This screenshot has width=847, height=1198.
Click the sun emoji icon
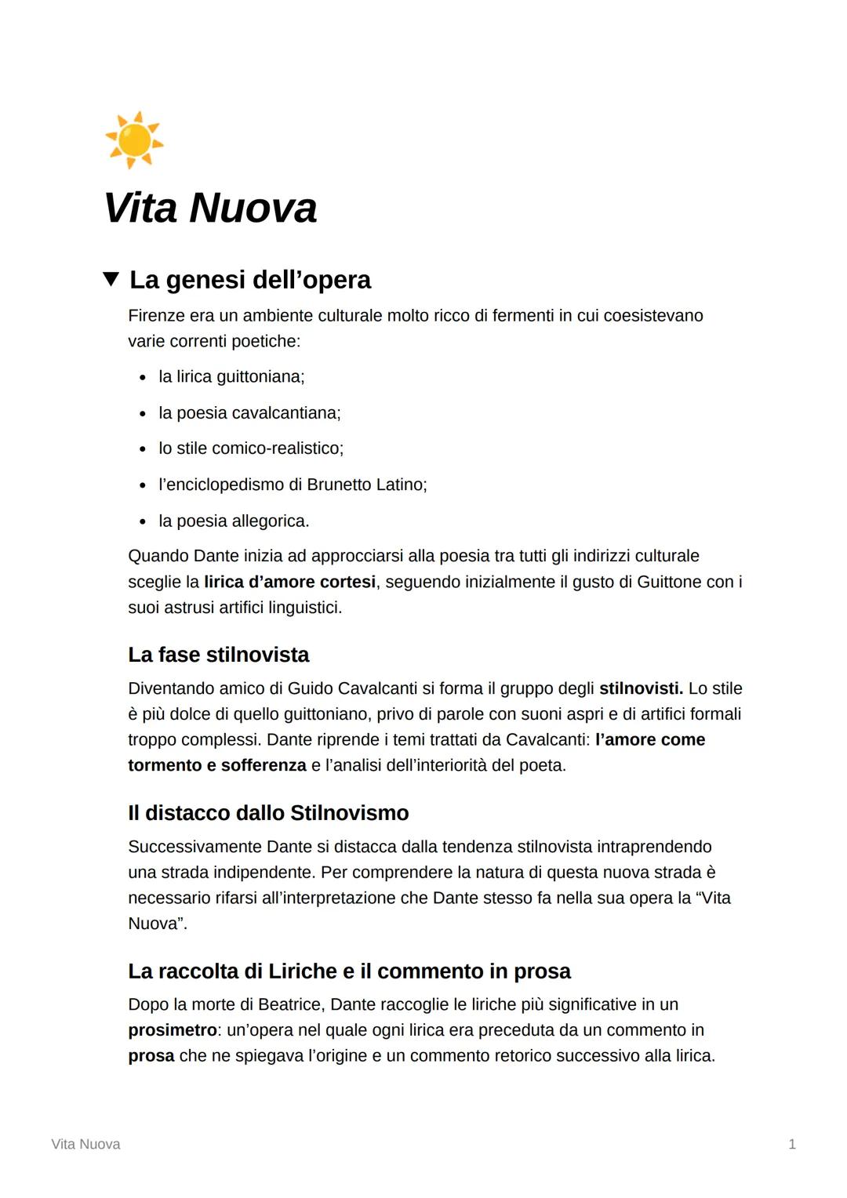134,140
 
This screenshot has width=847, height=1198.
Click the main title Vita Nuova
210,208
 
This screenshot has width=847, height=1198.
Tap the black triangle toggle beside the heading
111,279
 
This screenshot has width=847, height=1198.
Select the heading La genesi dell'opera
250,280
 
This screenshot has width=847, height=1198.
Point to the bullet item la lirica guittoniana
231,377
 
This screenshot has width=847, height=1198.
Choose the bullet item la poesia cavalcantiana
249,413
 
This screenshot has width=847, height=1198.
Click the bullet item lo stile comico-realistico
251,448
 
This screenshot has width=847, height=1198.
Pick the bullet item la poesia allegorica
234,521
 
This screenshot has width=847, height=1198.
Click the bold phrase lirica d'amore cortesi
289,582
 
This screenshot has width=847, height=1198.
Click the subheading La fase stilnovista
218,655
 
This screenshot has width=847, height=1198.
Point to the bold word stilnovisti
641,688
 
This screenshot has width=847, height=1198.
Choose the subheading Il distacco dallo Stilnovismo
268,813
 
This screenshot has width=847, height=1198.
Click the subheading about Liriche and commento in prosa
349,971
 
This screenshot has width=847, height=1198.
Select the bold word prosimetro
173,1030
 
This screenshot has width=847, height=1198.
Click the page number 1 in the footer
792,1145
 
